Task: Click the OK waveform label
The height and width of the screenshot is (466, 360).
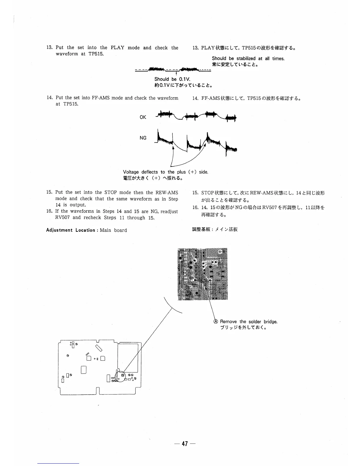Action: pyautogui.click(x=143, y=117)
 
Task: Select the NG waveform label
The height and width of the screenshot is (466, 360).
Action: pyautogui.click(x=143, y=138)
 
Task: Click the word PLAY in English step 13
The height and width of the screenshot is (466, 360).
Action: pyautogui.click(x=117, y=48)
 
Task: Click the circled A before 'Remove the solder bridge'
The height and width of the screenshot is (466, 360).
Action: pyautogui.click(x=216, y=322)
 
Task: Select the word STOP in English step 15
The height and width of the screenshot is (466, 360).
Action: pyautogui.click(x=111, y=192)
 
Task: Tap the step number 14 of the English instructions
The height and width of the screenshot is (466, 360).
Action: pyautogui.click(x=49, y=98)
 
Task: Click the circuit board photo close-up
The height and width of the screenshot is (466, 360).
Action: pyautogui.click(x=203, y=274)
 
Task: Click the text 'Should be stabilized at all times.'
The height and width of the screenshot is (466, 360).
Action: pyautogui.click(x=248, y=59)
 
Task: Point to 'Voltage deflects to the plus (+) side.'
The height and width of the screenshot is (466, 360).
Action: pyautogui.click(x=166, y=172)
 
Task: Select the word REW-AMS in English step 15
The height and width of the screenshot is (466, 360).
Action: pyautogui.click(x=167, y=192)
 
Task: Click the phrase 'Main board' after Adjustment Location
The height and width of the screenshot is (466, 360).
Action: pyautogui.click(x=113, y=230)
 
